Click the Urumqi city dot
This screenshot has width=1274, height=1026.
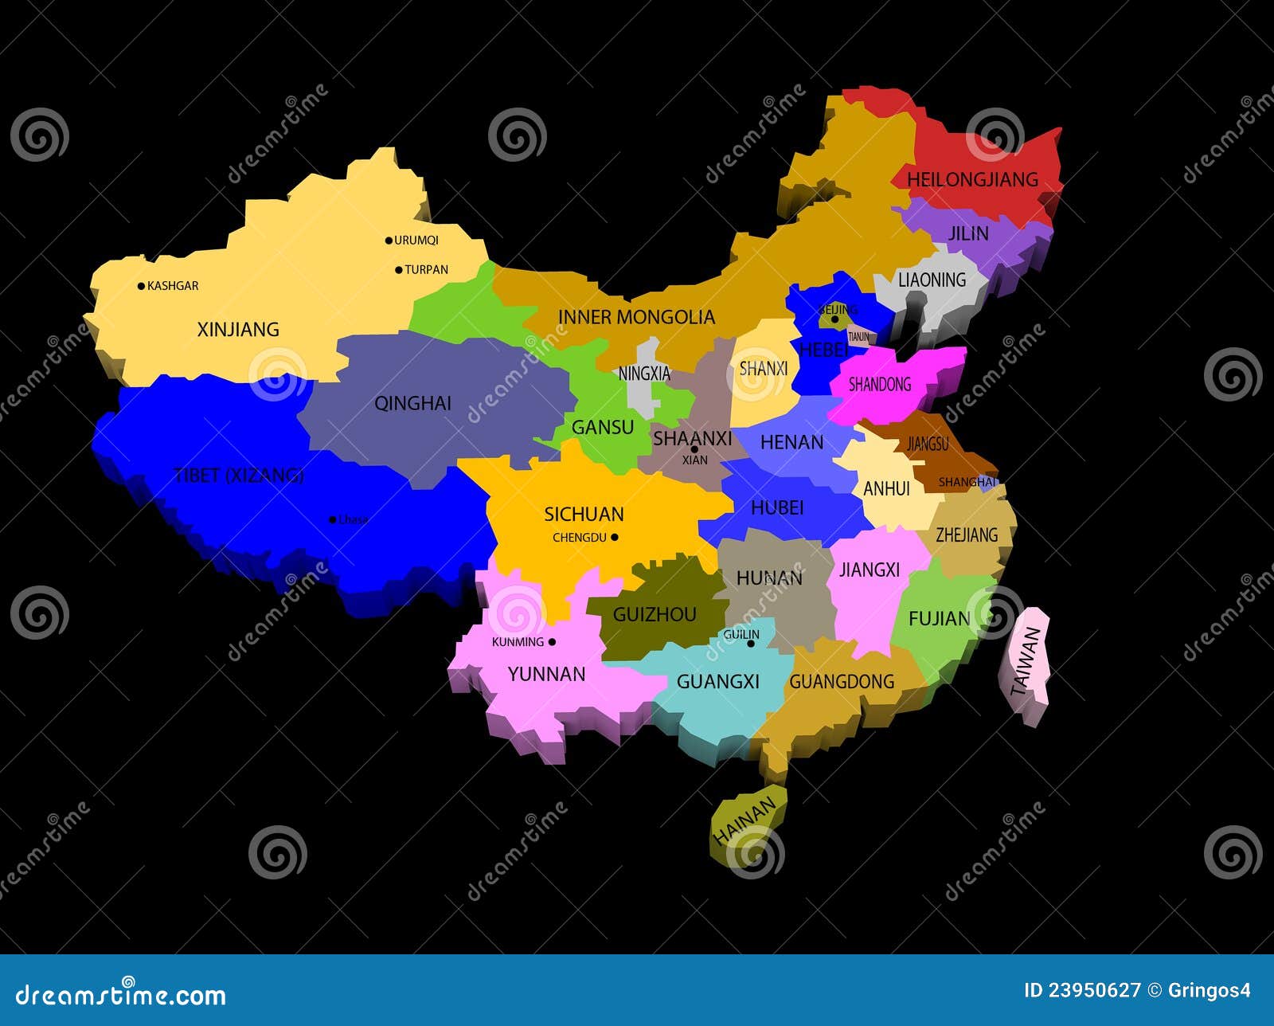[389, 240]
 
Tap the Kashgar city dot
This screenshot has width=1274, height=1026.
[142, 286]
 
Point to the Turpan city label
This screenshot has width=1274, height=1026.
[426, 270]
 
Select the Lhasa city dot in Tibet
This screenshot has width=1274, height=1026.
[333, 520]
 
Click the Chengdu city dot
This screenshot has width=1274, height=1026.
[614, 538]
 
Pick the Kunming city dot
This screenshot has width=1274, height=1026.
[552, 642]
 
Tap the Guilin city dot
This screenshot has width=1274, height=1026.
[750, 644]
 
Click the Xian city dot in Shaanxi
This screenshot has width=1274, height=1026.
[694, 449]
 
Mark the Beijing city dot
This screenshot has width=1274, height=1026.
[834, 319]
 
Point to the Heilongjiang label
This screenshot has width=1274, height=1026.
[972, 179]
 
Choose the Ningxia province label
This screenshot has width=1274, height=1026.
[644, 374]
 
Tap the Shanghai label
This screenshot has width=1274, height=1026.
[967, 482]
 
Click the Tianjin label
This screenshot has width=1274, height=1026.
[859, 337]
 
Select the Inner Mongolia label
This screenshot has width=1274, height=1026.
[636, 317]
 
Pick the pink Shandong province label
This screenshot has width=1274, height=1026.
[879, 385]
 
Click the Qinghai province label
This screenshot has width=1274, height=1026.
[412, 403]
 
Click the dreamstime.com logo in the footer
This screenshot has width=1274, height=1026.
[121, 994]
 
